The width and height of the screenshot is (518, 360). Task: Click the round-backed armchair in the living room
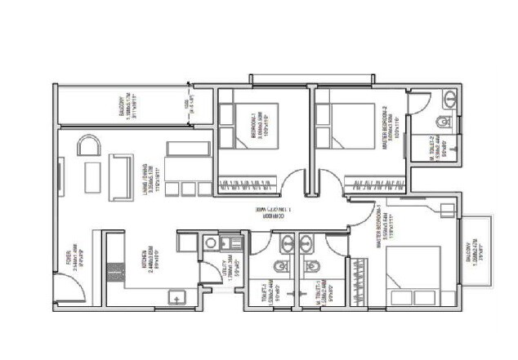click(87, 145)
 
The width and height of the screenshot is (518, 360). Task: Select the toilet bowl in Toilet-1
click(280, 264)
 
